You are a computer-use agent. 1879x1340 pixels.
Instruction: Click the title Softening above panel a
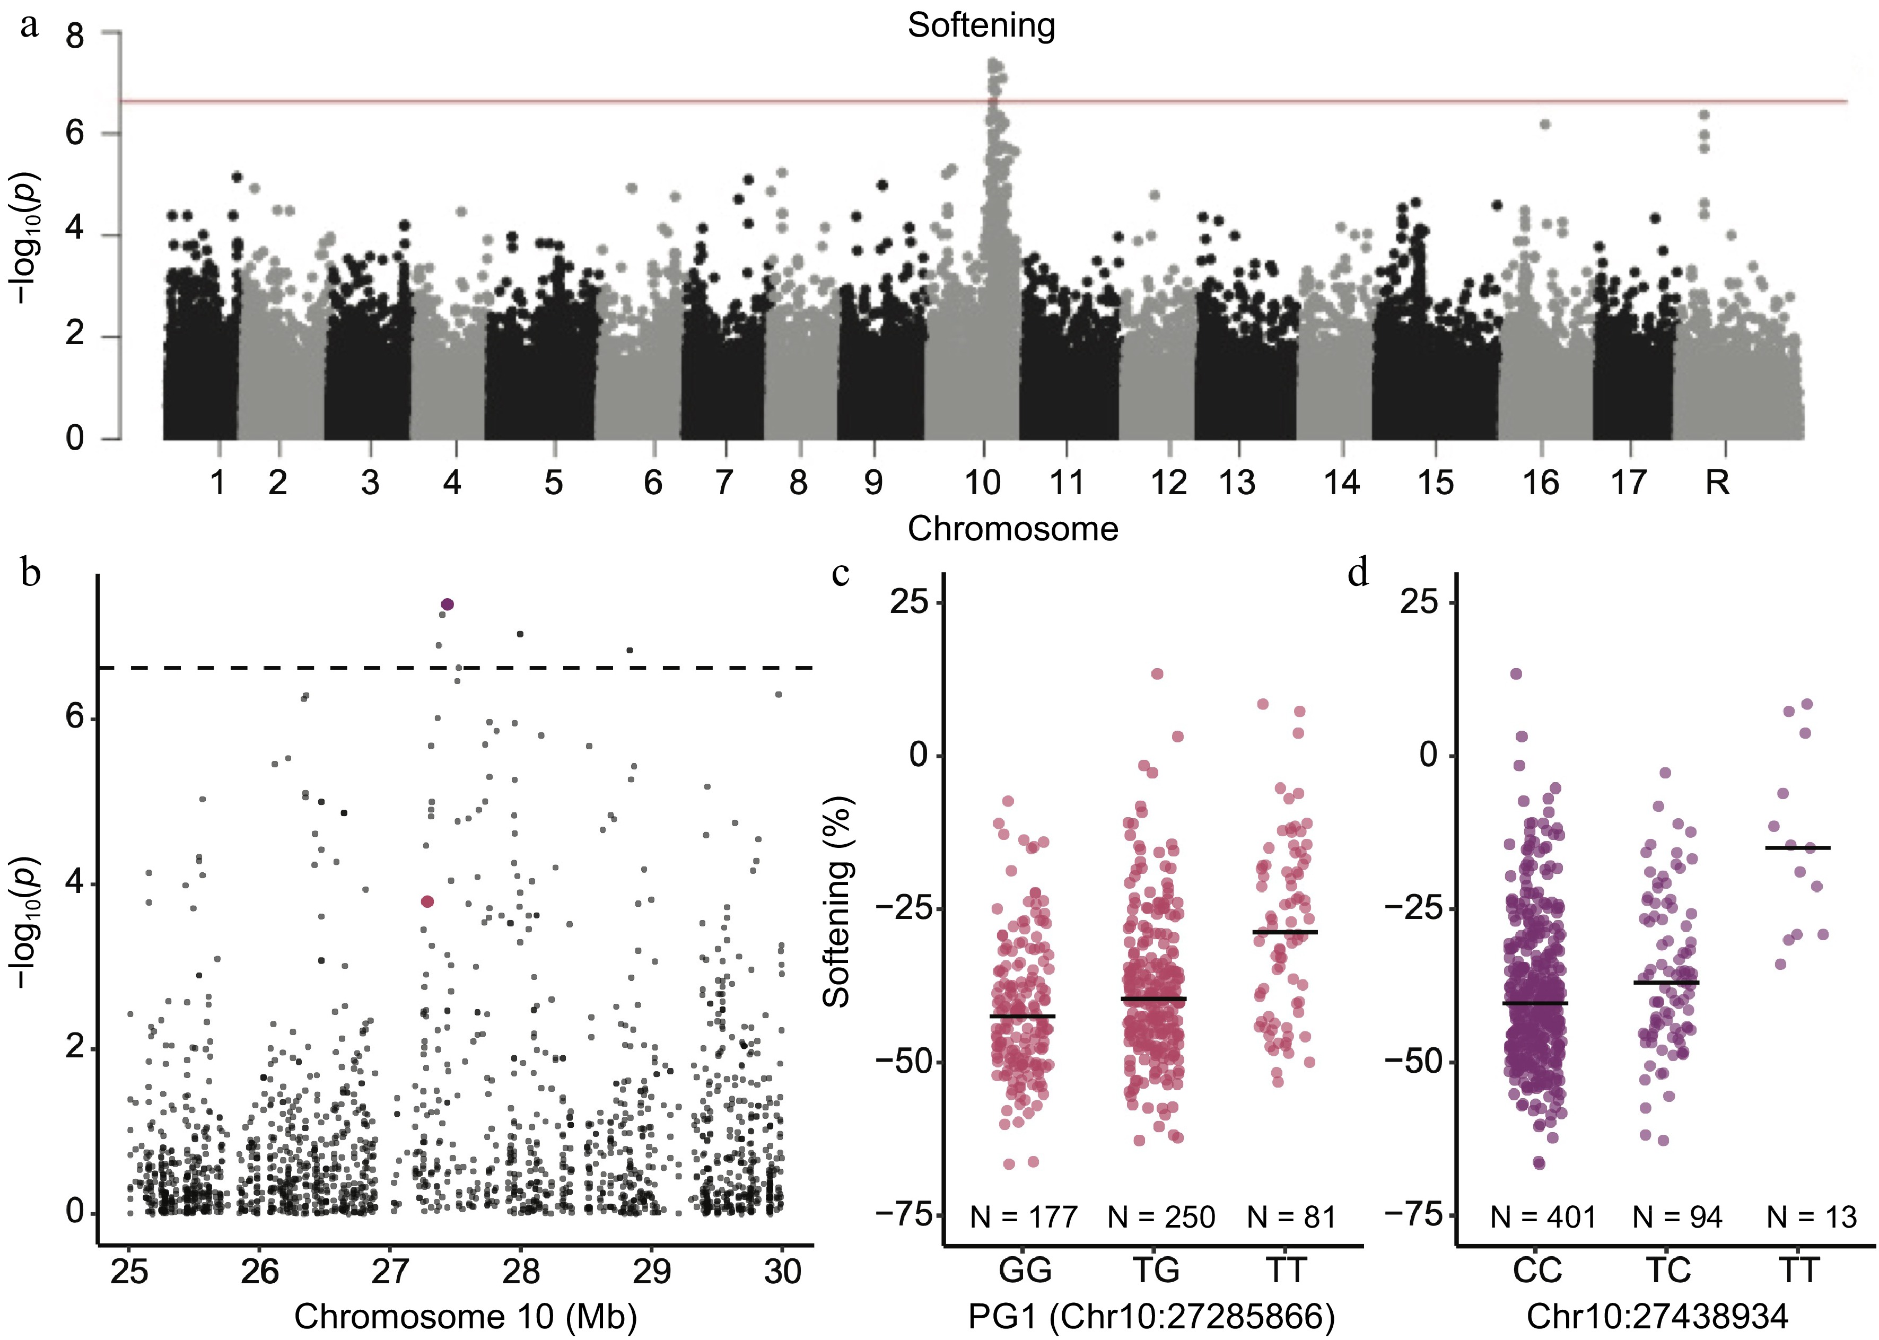[981, 25]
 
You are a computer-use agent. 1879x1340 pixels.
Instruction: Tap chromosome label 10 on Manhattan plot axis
[982, 483]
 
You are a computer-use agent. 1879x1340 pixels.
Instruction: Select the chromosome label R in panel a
[1717, 483]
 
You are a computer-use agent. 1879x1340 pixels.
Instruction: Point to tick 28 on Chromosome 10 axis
[521, 1272]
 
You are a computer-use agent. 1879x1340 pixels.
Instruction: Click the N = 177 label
[1023, 1217]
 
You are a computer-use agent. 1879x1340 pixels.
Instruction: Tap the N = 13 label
[1812, 1217]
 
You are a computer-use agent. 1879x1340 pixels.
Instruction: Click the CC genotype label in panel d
[1537, 1270]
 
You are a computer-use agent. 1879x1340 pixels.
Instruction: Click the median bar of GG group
[1022, 1017]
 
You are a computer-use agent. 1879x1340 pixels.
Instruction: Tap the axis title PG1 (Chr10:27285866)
[1152, 1317]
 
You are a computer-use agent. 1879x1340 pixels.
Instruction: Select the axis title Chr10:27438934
[1657, 1317]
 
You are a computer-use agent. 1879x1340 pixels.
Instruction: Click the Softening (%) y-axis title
[837, 902]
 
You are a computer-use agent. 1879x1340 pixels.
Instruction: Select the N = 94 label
[1677, 1217]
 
